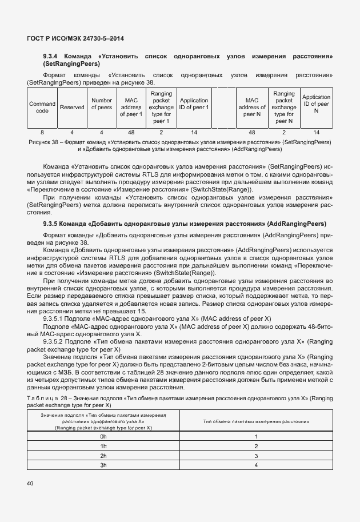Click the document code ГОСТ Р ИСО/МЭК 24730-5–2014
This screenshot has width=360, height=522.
[75, 38]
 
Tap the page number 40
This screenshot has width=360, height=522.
[30, 484]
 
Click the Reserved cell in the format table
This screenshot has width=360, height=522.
[72, 107]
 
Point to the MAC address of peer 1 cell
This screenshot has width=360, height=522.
[131, 107]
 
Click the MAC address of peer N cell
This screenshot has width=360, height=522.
[251, 107]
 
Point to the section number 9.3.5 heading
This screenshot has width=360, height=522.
[53, 223]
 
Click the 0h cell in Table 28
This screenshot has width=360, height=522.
[103, 436]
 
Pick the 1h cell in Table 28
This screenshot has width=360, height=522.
[103, 446]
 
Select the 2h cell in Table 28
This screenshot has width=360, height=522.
[103, 456]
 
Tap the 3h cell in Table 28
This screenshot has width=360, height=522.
[103, 465]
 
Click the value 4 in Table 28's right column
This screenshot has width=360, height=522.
[256, 465]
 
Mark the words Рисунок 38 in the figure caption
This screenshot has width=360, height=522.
[44, 141]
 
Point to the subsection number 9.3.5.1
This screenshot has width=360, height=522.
[56, 318]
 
